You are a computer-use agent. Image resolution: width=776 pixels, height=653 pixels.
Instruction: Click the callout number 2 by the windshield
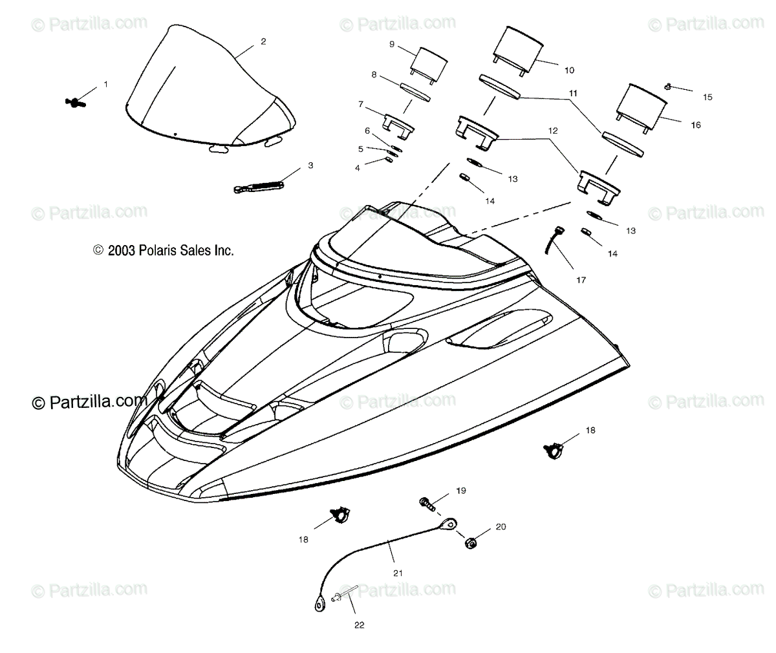pos(263,41)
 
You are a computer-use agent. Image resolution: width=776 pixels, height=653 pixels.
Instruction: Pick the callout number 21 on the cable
pos(398,572)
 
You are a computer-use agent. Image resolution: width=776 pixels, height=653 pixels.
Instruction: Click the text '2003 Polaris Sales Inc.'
pos(163,250)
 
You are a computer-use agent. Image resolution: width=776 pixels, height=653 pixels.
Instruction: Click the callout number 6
pos(367,131)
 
